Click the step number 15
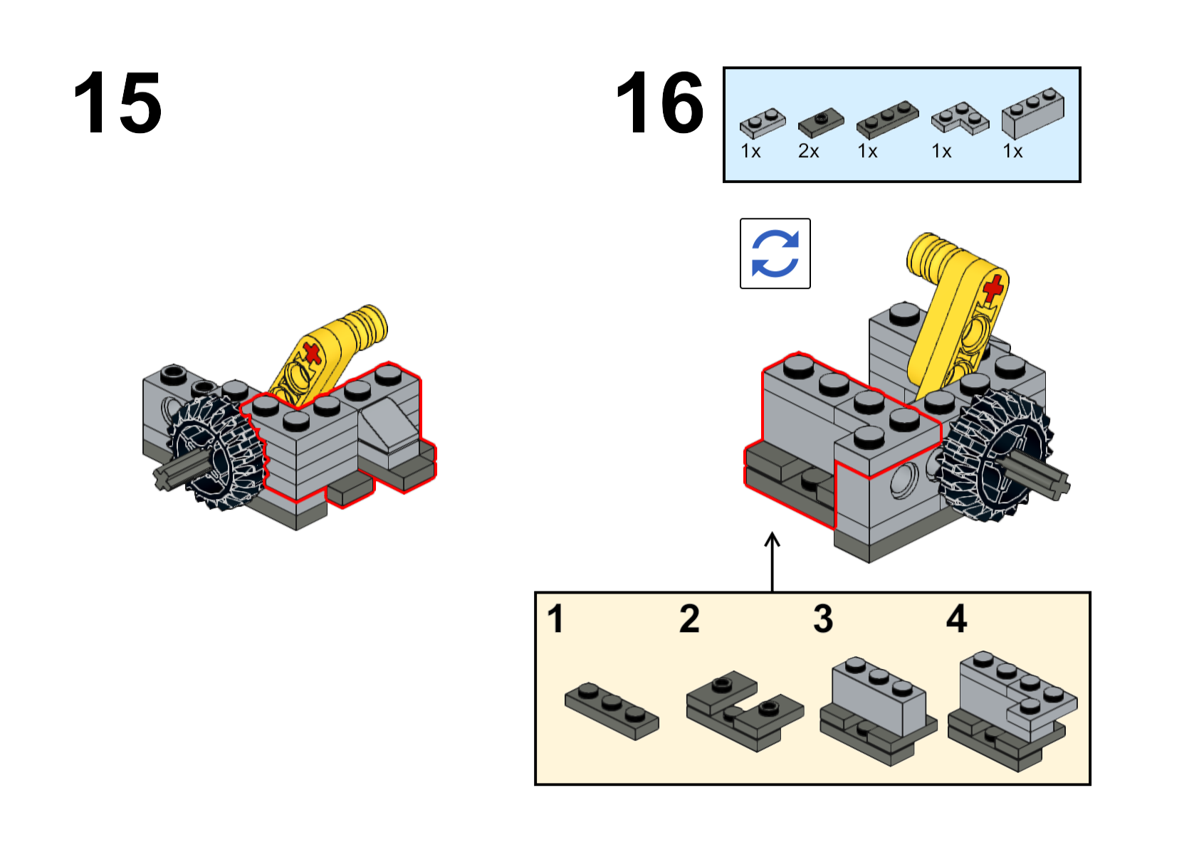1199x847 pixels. point(117,102)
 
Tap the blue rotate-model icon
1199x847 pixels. point(775,253)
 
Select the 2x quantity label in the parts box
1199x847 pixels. point(808,152)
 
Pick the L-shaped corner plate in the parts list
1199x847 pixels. point(960,118)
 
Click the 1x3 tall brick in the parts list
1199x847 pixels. point(1032,113)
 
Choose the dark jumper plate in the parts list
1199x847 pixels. point(820,124)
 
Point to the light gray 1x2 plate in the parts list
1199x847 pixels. point(763,124)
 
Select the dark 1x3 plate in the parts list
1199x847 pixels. point(887,120)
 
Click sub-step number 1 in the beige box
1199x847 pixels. point(555,619)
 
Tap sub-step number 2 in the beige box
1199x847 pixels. point(689,619)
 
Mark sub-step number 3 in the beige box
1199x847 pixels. point(823,619)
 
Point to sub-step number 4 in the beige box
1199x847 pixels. point(956,619)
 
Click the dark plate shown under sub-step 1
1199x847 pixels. point(612,711)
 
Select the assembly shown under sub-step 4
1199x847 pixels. point(1012,711)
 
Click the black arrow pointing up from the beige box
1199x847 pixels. point(772,562)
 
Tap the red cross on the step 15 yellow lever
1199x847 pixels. point(312,354)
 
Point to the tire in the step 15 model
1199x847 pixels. point(216,453)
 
